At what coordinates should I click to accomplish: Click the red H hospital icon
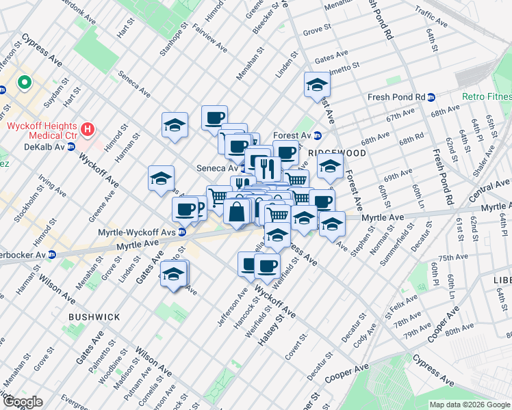[x=87, y=128]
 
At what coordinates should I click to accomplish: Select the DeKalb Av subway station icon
[x=71, y=147]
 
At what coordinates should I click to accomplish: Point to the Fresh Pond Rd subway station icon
[x=431, y=97]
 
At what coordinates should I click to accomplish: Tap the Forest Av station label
[x=292, y=135]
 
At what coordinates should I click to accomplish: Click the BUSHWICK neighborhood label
[x=94, y=317]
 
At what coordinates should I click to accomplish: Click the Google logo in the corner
[x=23, y=402]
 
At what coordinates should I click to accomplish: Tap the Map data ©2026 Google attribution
[x=468, y=405]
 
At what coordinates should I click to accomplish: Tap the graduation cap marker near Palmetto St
[x=317, y=85]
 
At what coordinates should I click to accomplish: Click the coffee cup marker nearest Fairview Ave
[x=214, y=117]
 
